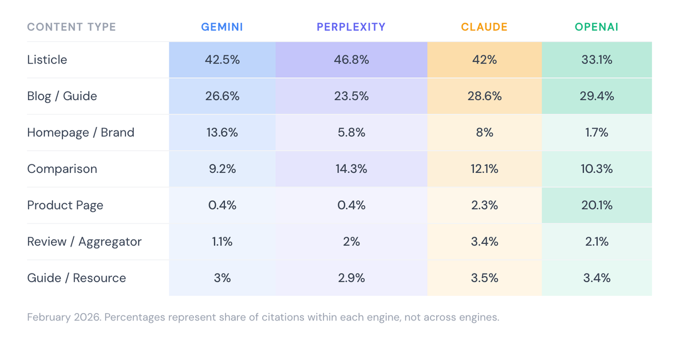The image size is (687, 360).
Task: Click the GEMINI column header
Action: [222, 27]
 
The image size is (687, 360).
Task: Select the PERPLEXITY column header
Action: [351, 27]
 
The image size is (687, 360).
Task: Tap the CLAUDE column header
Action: [484, 27]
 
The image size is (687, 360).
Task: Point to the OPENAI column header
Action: [597, 27]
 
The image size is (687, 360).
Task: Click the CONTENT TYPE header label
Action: [72, 27]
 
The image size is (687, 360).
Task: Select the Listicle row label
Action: [47, 60]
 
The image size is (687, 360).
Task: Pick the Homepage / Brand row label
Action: [81, 132]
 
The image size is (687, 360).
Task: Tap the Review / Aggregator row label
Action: [84, 242]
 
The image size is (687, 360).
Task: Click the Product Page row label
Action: [65, 205]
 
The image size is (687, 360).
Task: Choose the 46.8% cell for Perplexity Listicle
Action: [351, 60]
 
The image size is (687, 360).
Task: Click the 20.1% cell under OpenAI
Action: [597, 205]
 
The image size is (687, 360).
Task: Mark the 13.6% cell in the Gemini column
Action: [222, 132]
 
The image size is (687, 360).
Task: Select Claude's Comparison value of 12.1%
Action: [484, 169]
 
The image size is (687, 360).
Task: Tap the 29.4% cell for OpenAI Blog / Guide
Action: [597, 96]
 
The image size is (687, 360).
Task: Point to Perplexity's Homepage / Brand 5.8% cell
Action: [351, 132]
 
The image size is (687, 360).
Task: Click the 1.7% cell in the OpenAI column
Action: [597, 132]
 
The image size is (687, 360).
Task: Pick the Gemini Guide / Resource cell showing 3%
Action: [222, 278]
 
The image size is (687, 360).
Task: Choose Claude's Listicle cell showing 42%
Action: [484, 60]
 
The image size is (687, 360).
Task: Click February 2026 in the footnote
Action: [64, 317]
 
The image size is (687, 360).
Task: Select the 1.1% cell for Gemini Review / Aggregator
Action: [222, 242]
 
